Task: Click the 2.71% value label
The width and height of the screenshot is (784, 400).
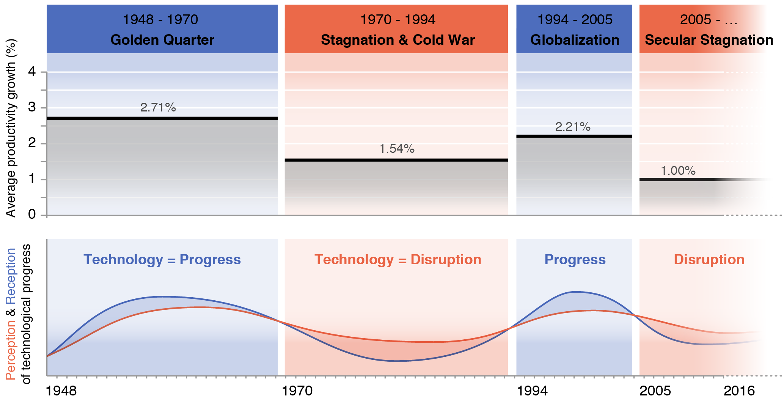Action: (x=158, y=108)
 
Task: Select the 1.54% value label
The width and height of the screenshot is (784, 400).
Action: (x=397, y=149)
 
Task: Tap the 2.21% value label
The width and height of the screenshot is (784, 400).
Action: (x=573, y=127)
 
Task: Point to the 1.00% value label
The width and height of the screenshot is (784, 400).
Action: (x=678, y=171)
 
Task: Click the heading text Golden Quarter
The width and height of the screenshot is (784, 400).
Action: (x=162, y=40)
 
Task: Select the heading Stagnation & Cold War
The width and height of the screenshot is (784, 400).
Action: (x=397, y=40)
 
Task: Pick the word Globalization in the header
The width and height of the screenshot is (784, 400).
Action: (x=574, y=40)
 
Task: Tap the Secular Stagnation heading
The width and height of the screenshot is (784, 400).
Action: (x=709, y=40)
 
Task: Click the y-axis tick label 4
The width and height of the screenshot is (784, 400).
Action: (x=32, y=72)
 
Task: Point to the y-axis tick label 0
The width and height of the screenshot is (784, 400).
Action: (x=32, y=215)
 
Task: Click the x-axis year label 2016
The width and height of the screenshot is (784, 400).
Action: (x=739, y=391)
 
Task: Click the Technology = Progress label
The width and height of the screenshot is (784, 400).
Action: (x=162, y=260)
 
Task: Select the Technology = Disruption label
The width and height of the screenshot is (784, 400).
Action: (x=397, y=260)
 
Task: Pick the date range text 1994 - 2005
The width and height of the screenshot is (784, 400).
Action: (x=574, y=20)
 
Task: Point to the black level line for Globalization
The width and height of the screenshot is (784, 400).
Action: (x=574, y=136)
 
